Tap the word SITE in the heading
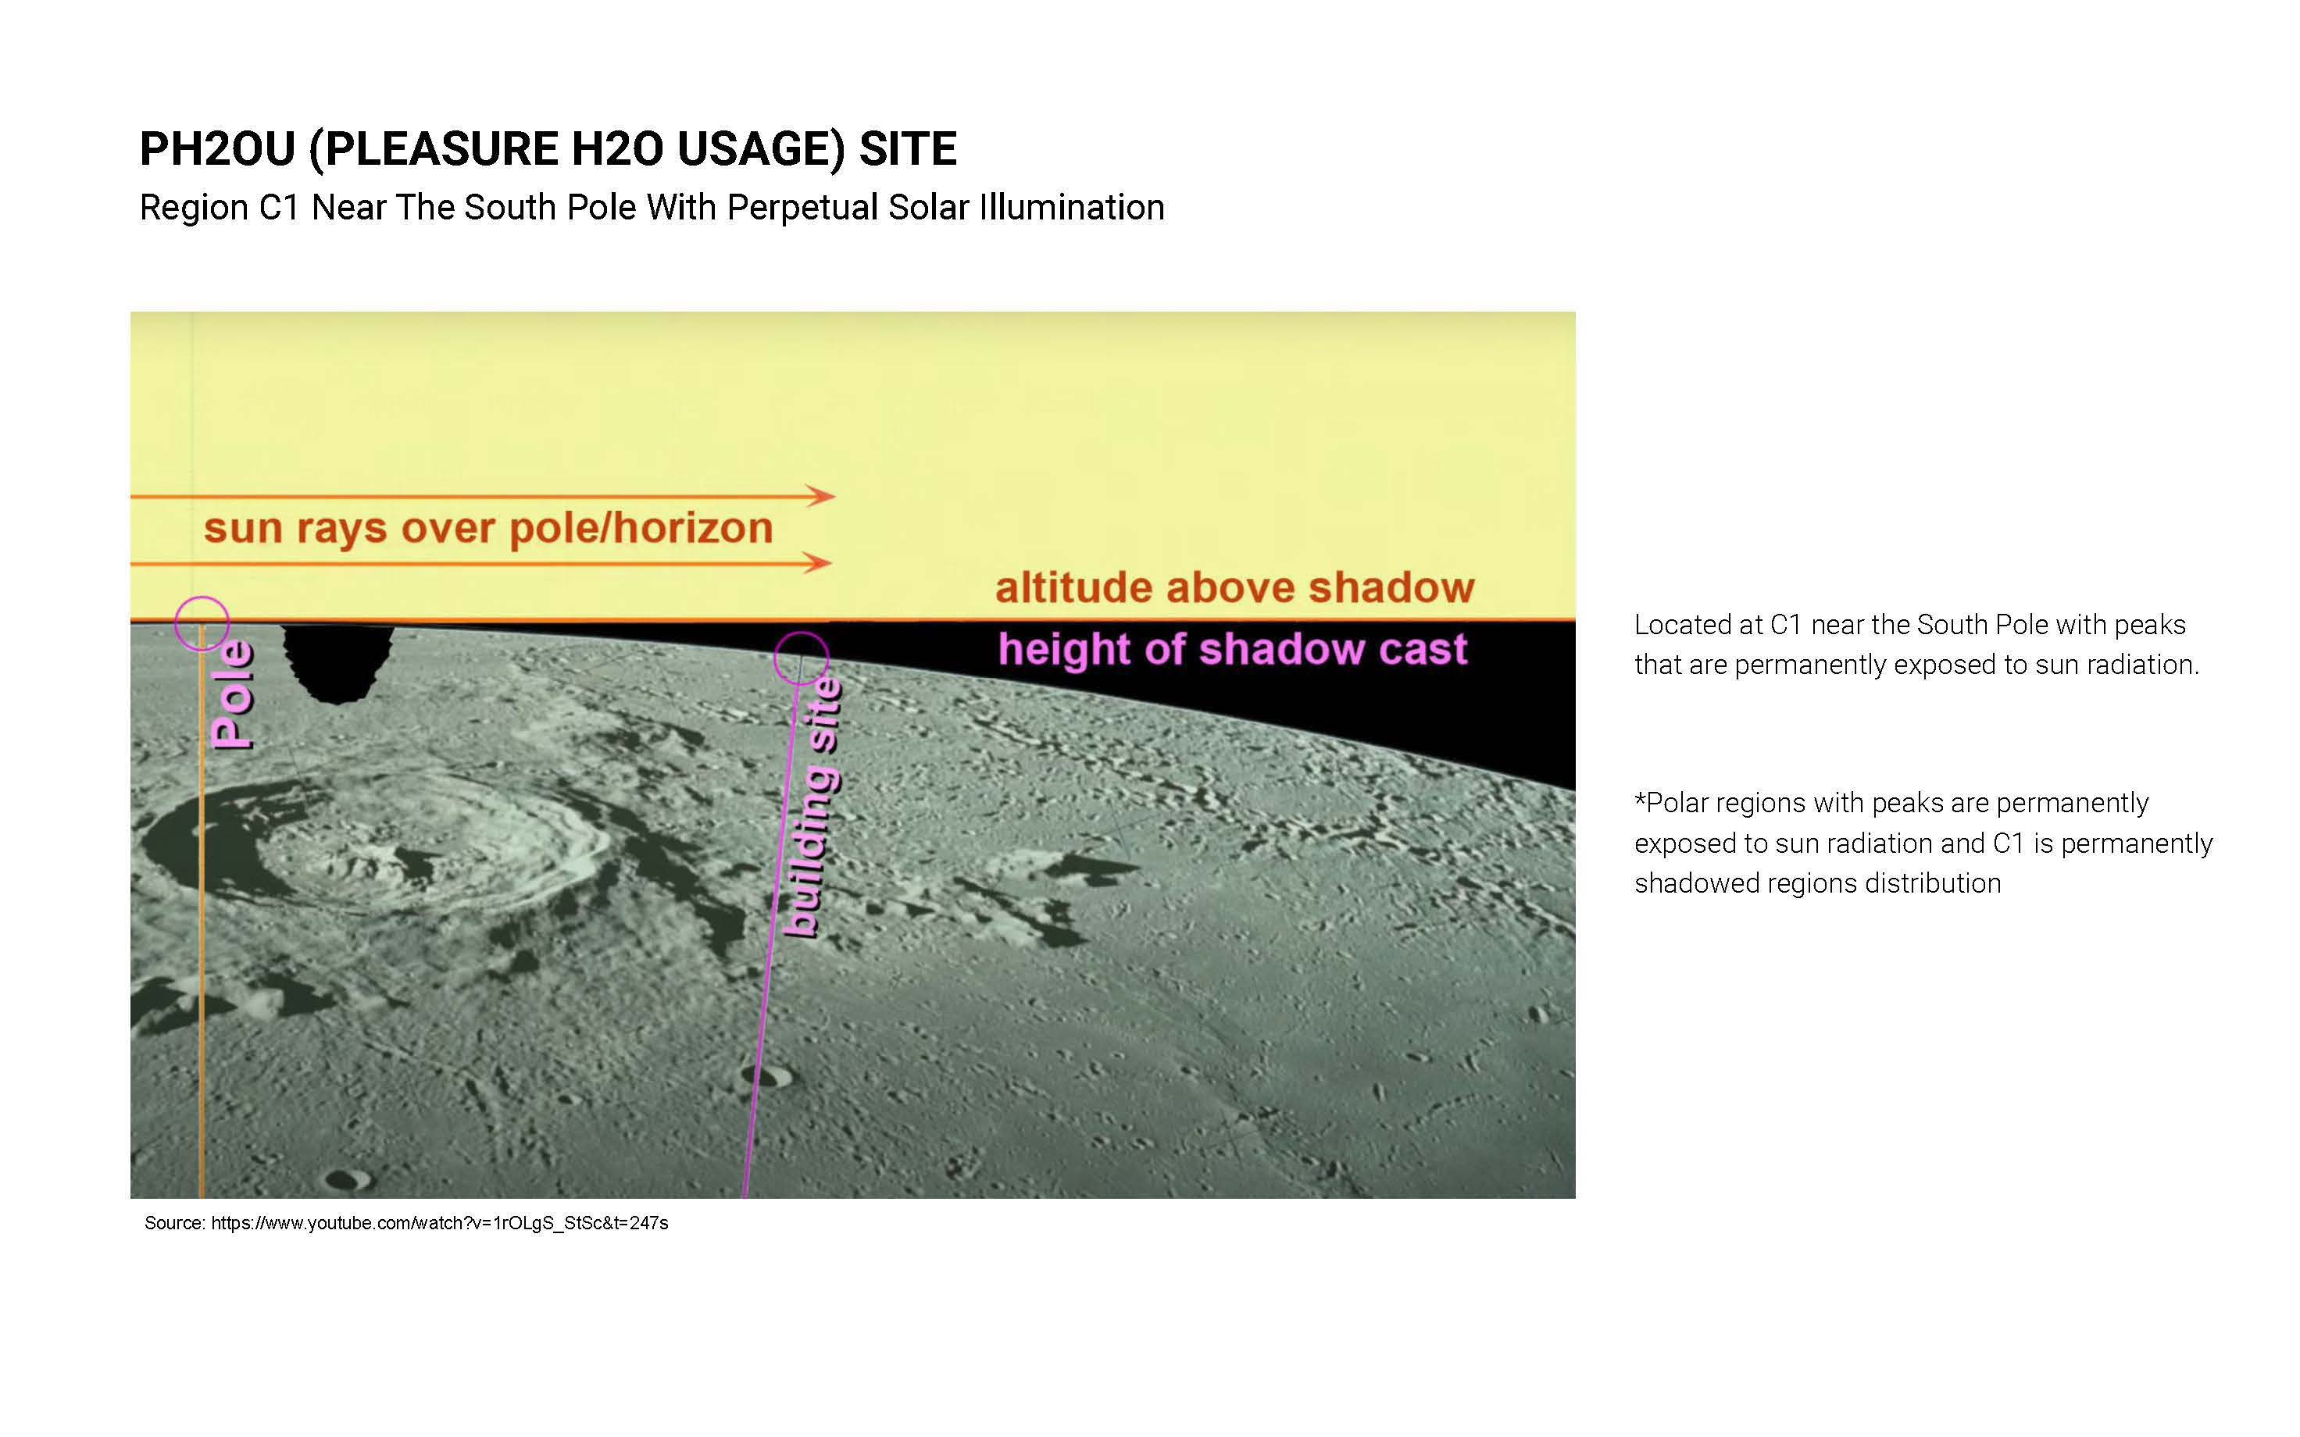click(908, 149)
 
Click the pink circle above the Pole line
click(202, 597)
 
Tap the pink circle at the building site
click(802, 633)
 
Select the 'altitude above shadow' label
click(1234, 587)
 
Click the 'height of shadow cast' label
click(1233, 649)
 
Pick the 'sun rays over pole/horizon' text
click(488, 529)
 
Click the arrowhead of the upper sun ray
click(821, 495)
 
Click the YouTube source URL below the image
click(439, 1223)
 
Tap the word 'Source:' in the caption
click(175, 1223)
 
